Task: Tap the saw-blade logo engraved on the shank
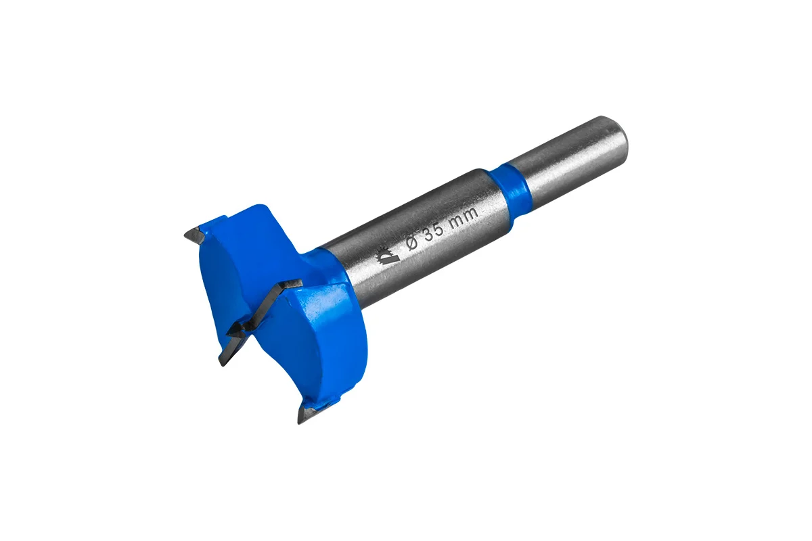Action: click(x=385, y=256)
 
